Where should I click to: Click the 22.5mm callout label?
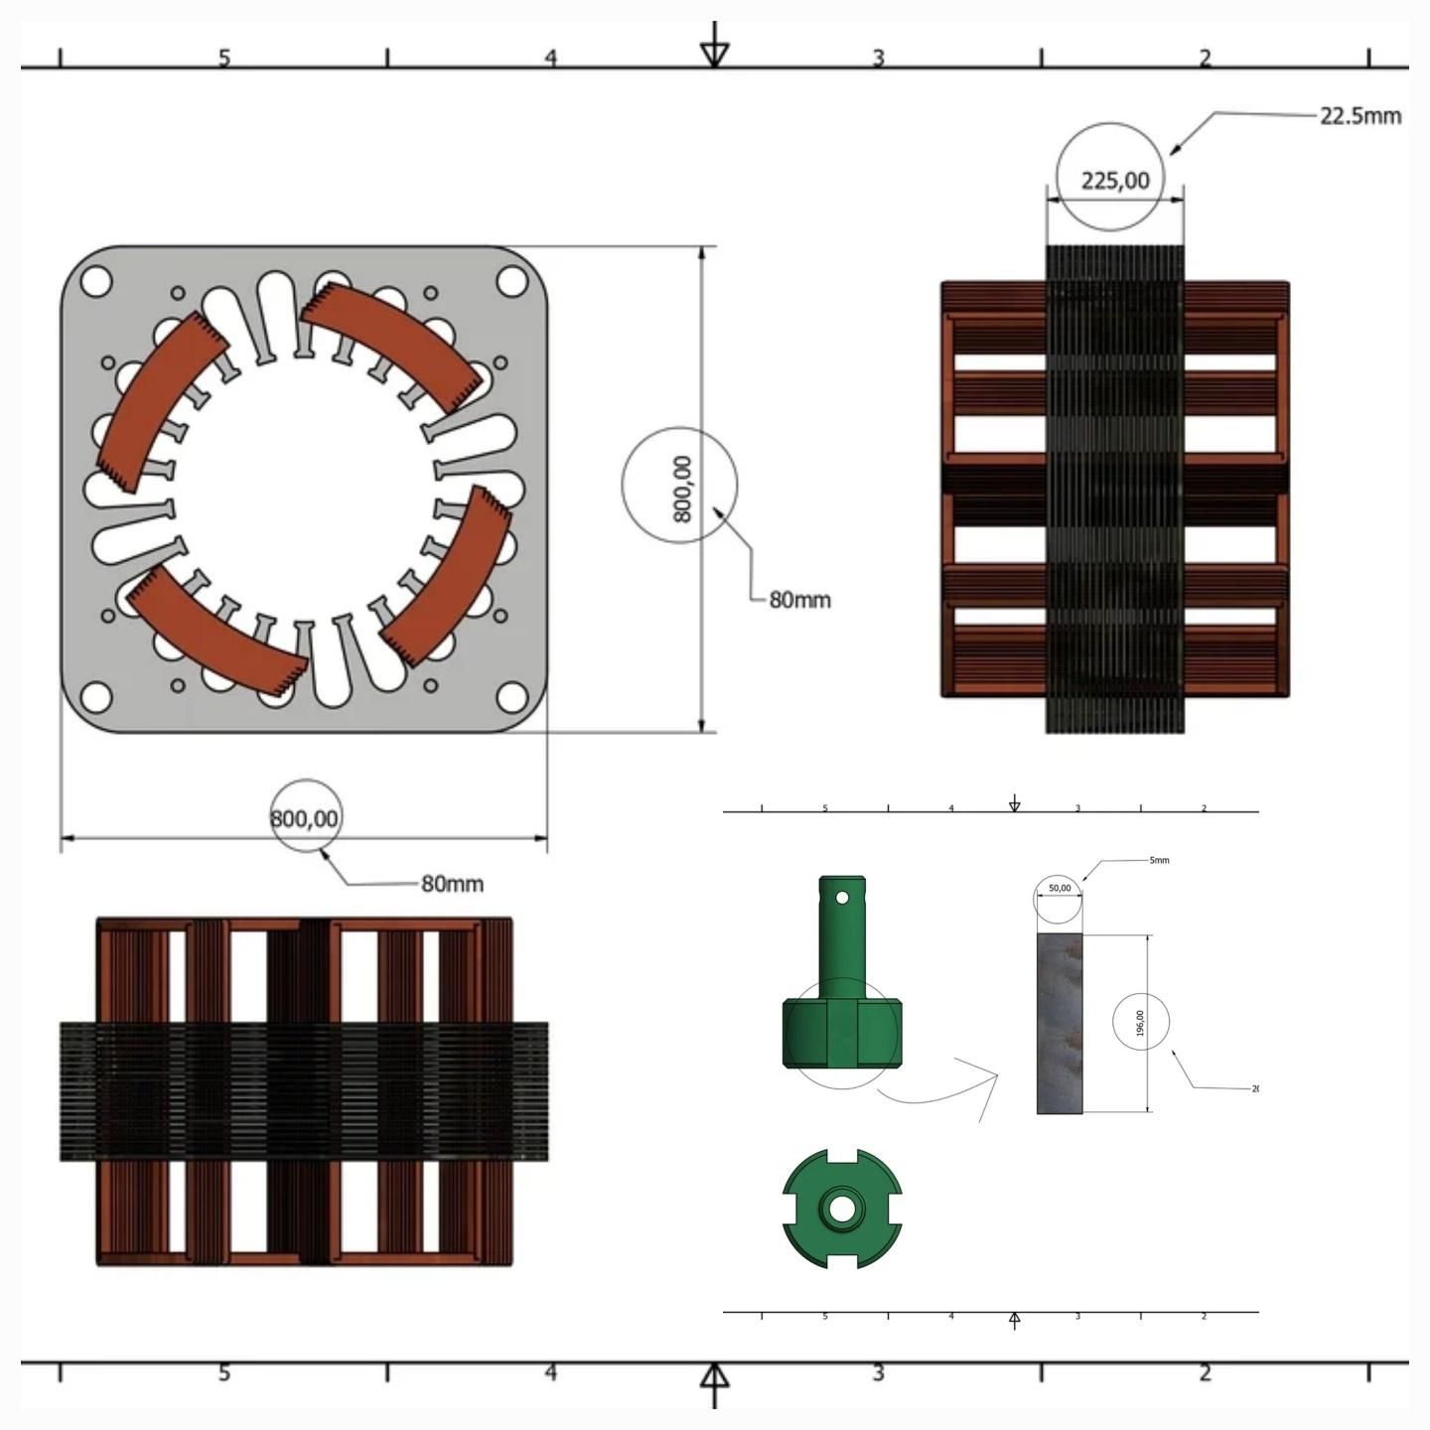(1359, 116)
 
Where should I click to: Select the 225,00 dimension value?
(1114, 181)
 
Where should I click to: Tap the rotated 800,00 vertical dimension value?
(681, 488)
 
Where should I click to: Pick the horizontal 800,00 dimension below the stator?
(305, 818)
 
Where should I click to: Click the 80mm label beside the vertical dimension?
(799, 600)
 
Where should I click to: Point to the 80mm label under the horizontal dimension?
(452, 884)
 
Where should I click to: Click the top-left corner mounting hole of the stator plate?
(95, 282)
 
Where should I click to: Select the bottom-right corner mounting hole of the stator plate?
(511, 696)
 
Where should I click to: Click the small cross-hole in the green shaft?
(842, 898)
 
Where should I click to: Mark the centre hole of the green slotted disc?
(841, 1209)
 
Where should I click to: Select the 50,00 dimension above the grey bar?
(1060, 888)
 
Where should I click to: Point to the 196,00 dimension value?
(1140, 1023)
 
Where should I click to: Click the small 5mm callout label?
(1159, 860)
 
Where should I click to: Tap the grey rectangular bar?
(1059, 1023)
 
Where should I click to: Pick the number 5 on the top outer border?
(224, 58)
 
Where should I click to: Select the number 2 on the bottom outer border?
(1205, 1373)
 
